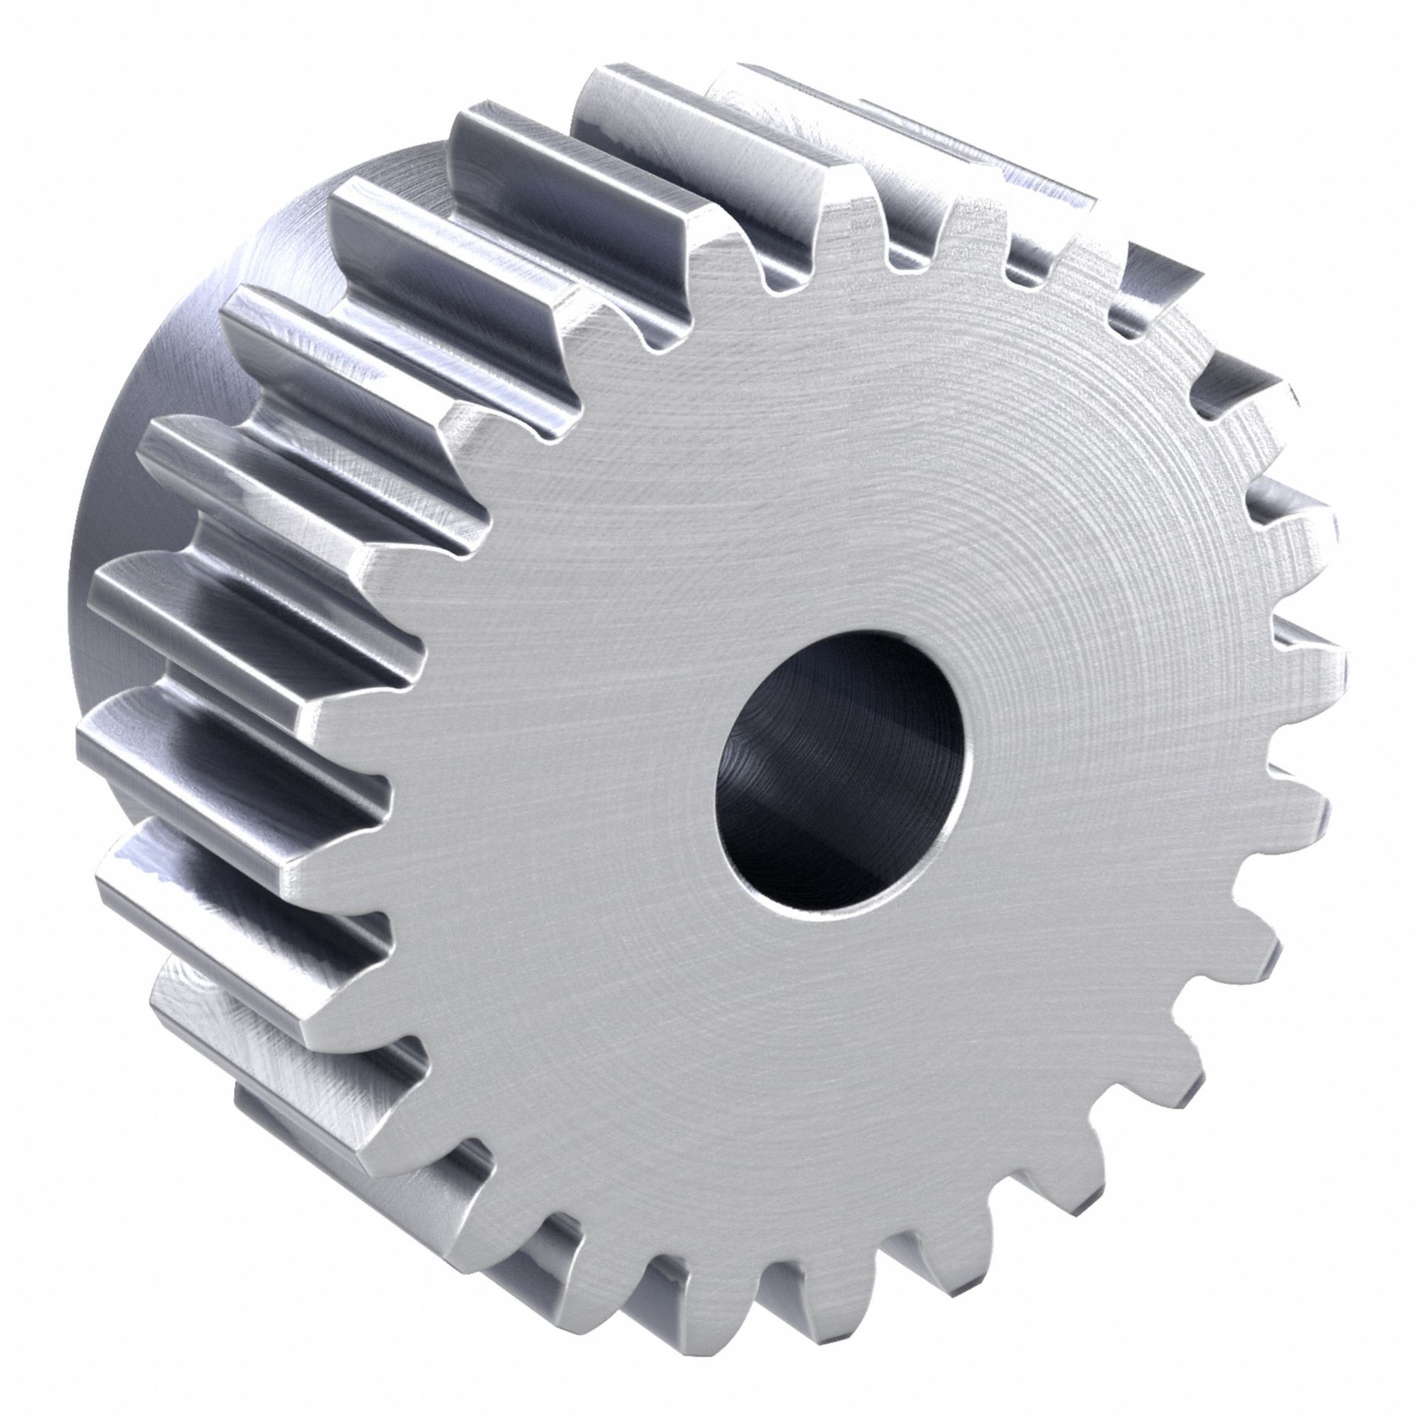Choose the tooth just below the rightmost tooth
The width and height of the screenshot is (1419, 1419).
(1300, 808)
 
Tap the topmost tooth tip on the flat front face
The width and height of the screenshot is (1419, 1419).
(844, 213)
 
